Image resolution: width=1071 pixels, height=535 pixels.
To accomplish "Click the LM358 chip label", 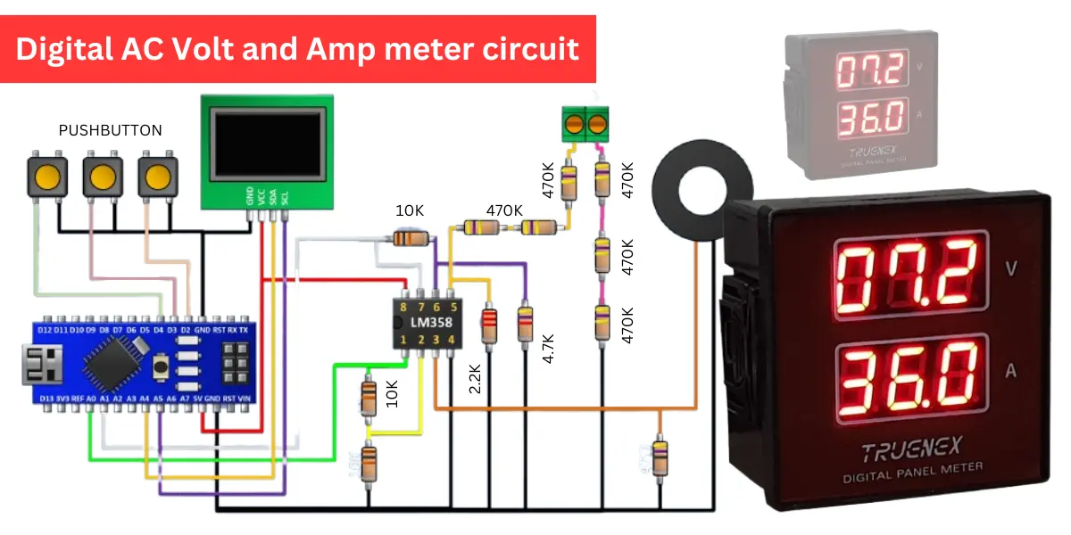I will coord(428,322).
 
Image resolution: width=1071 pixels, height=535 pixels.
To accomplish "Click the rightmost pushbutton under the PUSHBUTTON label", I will coord(158,176).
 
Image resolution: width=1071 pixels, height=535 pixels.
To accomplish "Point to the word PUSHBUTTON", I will coord(110,130).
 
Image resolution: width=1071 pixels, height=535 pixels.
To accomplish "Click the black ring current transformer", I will coord(695,192).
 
